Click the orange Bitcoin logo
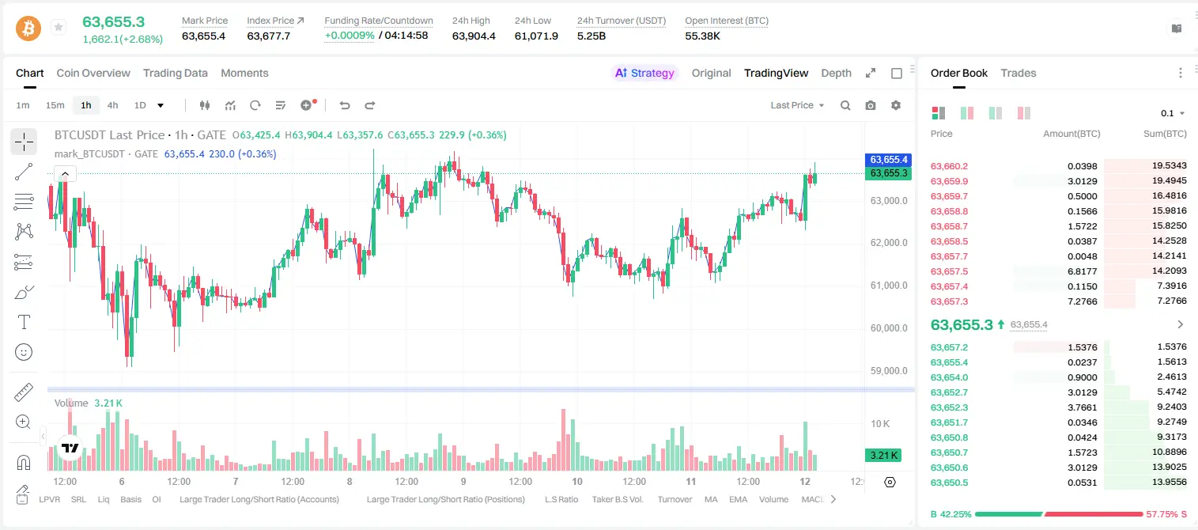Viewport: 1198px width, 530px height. click(x=28, y=28)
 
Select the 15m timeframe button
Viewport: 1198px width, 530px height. click(x=55, y=105)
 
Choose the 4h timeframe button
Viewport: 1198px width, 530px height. click(x=112, y=105)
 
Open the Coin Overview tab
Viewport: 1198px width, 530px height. click(x=93, y=73)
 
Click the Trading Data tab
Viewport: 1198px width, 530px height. click(x=175, y=73)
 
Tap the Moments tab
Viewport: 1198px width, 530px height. click(x=244, y=73)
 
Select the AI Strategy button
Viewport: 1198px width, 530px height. click(x=644, y=73)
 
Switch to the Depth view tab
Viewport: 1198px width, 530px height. click(x=836, y=73)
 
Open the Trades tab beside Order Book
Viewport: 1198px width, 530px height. click(x=1018, y=73)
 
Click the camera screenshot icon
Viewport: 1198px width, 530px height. click(x=871, y=105)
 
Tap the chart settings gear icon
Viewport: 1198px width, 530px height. click(x=896, y=105)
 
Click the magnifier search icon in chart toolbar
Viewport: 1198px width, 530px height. click(x=845, y=105)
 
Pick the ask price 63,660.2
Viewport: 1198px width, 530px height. click(x=949, y=166)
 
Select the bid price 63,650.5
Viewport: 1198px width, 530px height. click(x=949, y=483)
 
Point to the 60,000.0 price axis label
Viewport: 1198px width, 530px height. click(x=889, y=327)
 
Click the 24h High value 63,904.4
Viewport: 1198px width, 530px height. click(x=474, y=36)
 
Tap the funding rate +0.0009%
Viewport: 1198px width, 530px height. click(x=350, y=36)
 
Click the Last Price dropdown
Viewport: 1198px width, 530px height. click(x=797, y=105)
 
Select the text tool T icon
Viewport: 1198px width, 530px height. click(x=24, y=322)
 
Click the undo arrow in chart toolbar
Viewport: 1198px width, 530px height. click(x=345, y=105)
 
